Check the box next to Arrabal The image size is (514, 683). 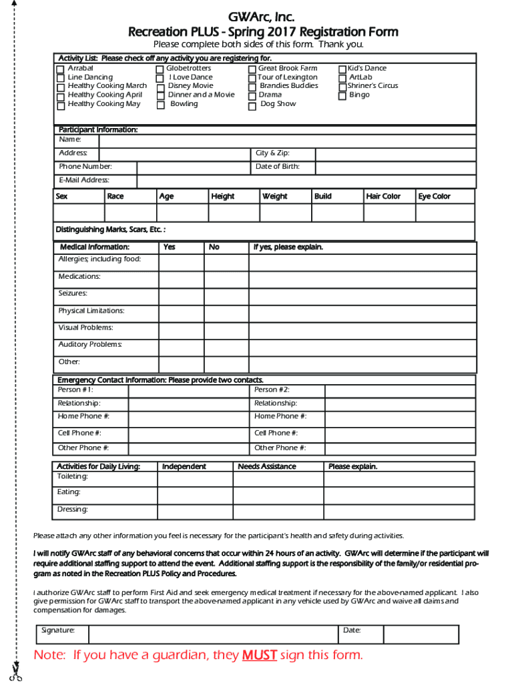click(x=61, y=69)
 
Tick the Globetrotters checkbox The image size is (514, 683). click(x=160, y=69)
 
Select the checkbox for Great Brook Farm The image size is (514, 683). click(x=252, y=69)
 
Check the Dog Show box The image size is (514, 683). click(x=252, y=105)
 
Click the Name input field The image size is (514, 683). click(x=286, y=141)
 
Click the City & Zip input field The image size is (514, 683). click(x=395, y=154)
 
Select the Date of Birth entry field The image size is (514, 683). click(x=395, y=167)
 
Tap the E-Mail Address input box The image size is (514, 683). click(x=306, y=181)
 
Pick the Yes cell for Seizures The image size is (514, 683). click(x=181, y=294)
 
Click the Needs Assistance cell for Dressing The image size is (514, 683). click(x=278, y=510)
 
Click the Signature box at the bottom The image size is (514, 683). click(x=212, y=634)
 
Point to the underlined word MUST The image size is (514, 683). click(x=259, y=655)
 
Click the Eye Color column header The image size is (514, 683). click(x=445, y=196)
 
